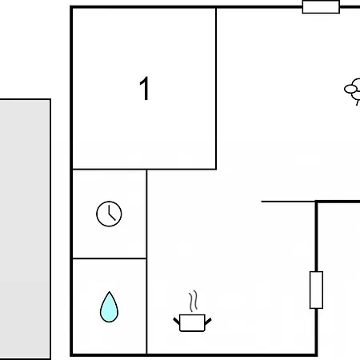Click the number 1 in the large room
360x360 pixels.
pos(145,89)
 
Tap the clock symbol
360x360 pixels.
pos(109,214)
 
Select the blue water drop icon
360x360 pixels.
pos(109,307)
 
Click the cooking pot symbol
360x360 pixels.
pos(192,323)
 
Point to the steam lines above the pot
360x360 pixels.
pos(194,301)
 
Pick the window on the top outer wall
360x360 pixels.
pos(321,6)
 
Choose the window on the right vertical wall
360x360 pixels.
pos(316,290)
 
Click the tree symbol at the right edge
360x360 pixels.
pos(354,91)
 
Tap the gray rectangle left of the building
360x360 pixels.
pos(25,230)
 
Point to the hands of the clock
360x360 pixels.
pos(111,214)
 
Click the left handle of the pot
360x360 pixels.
pos(177,321)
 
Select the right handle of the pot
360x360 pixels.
pos(208,321)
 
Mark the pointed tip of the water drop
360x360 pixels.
pos(109,292)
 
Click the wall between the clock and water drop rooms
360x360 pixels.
pos(110,258)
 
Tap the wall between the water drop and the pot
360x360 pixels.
pos(146,306)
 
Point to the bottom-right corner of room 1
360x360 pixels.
pos(216,169)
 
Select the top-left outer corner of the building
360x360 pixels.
pos(71,6)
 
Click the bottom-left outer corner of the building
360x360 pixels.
pos(71,355)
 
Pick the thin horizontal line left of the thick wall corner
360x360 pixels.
pos(288,202)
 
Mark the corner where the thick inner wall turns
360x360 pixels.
pos(316,202)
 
